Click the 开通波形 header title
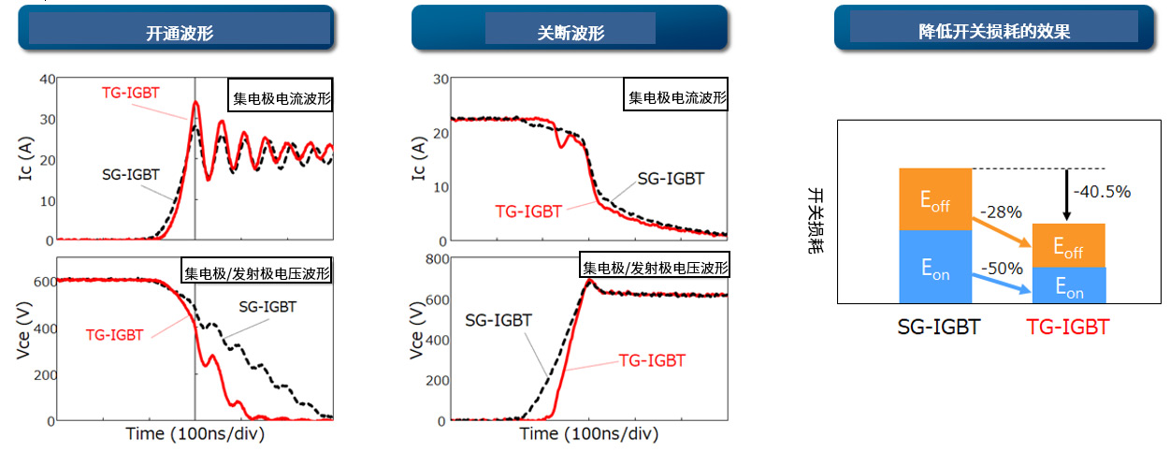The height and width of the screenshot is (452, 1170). pos(180,33)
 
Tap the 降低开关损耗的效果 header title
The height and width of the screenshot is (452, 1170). pos(994,31)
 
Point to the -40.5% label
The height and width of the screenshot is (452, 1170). pos(1104,192)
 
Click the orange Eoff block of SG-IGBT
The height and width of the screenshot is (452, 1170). pos(935,199)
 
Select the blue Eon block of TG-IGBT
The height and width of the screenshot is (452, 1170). pos(1068,285)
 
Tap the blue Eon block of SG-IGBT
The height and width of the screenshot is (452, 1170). pos(935,267)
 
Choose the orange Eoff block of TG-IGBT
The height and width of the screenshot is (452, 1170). pos(1068,246)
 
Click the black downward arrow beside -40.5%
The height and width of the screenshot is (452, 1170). pos(1067,195)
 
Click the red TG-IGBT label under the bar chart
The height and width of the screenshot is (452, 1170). pos(1067,328)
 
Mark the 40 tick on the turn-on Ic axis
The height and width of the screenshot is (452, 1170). pos(47,79)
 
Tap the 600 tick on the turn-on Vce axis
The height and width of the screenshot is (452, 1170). pos(44,280)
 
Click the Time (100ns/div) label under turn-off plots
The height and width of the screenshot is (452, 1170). pos(588,434)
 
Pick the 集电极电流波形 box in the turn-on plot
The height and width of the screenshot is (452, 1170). pos(280,98)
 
